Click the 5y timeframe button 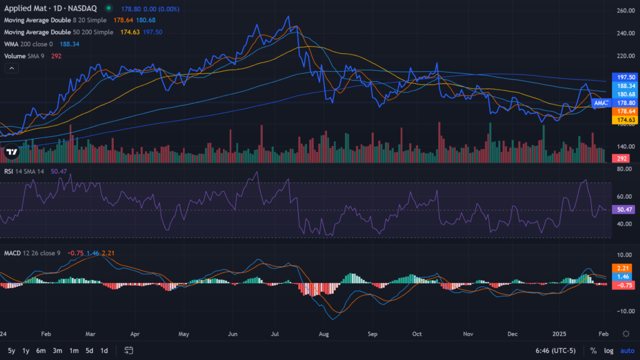pyautogui.click(x=11, y=351)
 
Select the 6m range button pyautogui.click(x=41, y=351)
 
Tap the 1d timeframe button pyautogui.click(x=104, y=351)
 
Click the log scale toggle pyautogui.click(x=609, y=351)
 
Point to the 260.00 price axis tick pyautogui.click(x=626, y=11)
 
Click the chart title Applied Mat pyautogui.click(x=25, y=8)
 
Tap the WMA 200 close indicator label pyautogui.click(x=28, y=44)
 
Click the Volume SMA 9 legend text pyautogui.click(x=24, y=56)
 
